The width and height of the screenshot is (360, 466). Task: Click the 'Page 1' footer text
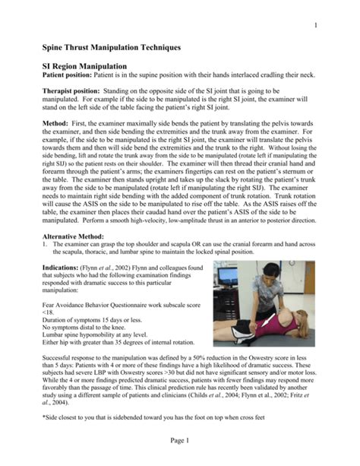point(180,442)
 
